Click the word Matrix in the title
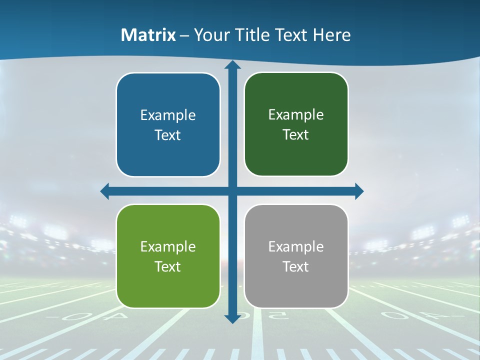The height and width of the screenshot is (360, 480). [x=148, y=35]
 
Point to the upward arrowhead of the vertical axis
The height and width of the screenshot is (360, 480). [x=232, y=65]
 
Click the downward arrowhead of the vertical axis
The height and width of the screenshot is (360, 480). [x=232, y=318]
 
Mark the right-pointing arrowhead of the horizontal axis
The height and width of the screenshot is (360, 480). [x=358, y=191]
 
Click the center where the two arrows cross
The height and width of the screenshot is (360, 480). [x=232, y=191]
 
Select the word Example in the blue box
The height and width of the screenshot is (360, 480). [x=168, y=115]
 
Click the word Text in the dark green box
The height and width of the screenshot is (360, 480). [x=296, y=135]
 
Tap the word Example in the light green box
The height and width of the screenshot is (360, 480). [x=168, y=246]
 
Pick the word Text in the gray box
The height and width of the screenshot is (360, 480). [x=296, y=266]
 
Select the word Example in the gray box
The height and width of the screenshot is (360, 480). [x=296, y=246]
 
